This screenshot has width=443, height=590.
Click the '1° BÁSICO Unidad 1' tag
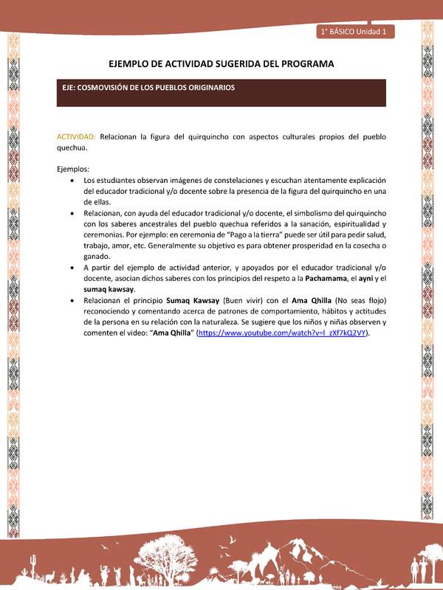[357, 32]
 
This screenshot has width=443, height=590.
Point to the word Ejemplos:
[73, 169]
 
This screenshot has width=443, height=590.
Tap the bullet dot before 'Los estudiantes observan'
[71, 181]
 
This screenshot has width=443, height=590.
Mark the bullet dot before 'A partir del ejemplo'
[71, 268]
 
